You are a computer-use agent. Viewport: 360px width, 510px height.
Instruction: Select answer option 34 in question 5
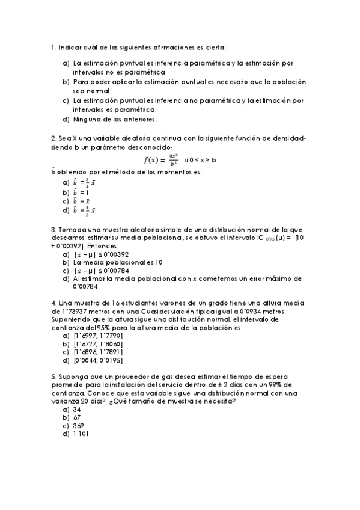77,409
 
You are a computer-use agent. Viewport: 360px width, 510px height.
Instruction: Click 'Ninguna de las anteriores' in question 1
114,119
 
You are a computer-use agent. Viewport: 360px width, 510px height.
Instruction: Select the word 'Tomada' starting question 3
70,230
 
